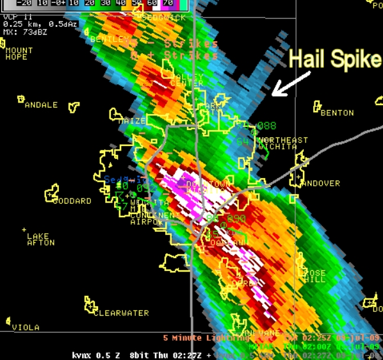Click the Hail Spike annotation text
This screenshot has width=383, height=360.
click(335, 60)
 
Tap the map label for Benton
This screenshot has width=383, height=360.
click(337, 113)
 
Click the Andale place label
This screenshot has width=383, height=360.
click(41, 104)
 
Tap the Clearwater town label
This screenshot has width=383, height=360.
click(121, 313)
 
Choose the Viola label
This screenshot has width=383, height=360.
click(26, 327)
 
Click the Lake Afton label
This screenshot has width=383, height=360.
click(41, 240)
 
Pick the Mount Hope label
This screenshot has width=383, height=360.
click(19, 53)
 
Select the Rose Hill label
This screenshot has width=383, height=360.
click(314, 277)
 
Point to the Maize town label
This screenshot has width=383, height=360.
click(132, 120)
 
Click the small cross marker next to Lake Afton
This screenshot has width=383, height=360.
click(25, 229)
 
